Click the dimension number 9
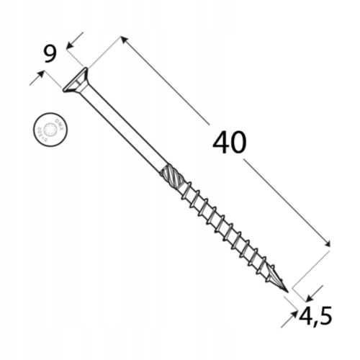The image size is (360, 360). [x=50, y=54]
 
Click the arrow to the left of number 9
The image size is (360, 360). [x=35, y=78]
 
